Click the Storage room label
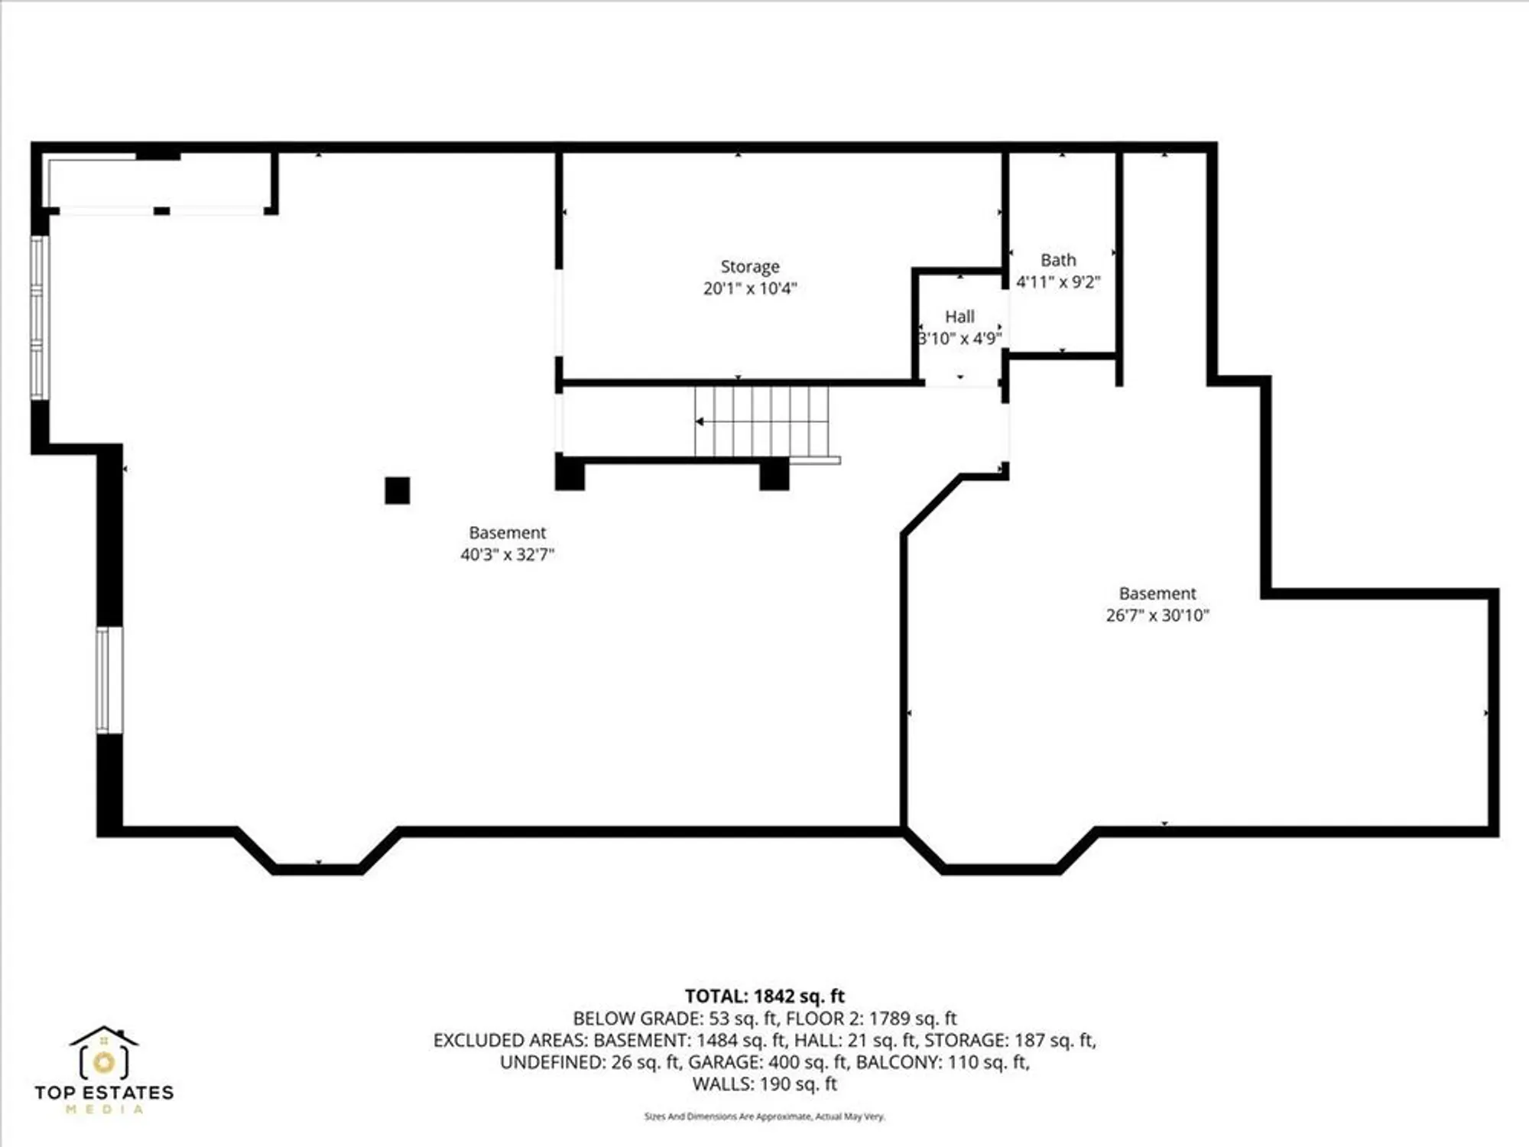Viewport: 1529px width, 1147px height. [749, 266]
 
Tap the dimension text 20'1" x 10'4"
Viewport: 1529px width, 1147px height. [749, 288]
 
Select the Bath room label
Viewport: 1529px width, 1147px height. [1058, 260]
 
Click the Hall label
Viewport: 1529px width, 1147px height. [959, 317]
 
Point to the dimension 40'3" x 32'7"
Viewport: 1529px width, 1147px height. [507, 554]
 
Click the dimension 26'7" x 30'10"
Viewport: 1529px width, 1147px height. [1157, 615]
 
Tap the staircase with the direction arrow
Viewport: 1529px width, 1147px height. [761, 421]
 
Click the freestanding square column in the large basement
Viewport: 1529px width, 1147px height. [397, 490]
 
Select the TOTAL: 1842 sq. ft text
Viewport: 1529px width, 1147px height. [764, 996]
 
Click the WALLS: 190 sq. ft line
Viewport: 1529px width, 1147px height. [764, 1084]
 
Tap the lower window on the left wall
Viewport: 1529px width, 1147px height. [109, 680]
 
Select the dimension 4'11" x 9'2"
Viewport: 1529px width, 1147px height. [1058, 282]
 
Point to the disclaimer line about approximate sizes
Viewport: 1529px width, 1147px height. [764, 1116]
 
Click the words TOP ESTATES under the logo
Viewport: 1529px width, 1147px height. [104, 1092]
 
